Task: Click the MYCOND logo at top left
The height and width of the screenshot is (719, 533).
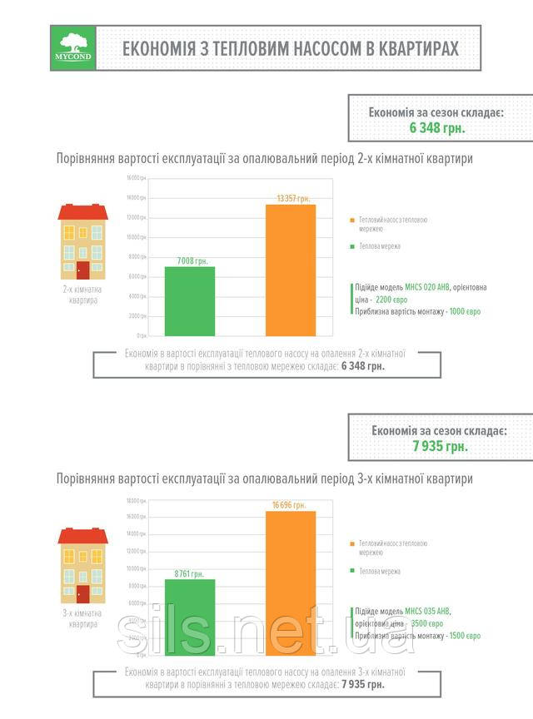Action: tap(73, 48)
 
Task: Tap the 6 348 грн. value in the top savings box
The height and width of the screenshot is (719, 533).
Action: tap(436, 127)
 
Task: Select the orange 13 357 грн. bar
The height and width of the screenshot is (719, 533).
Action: tap(291, 270)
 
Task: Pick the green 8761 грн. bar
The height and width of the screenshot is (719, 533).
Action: tap(190, 617)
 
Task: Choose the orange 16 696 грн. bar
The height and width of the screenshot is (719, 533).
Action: tap(291, 583)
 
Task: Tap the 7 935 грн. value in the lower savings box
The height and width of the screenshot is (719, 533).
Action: tap(440, 446)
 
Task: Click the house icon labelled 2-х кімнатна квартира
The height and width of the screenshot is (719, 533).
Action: tap(82, 242)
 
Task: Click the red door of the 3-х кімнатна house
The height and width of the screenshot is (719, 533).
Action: tap(82, 594)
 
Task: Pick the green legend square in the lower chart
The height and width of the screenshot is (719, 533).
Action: tap(352, 572)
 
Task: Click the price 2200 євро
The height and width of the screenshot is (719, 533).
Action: tap(393, 299)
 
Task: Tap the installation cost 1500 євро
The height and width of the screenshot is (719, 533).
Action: tap(464, 635)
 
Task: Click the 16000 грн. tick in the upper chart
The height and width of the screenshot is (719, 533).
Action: tap(137, 179)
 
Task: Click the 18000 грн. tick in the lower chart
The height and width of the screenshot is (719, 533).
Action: tap(137, 501)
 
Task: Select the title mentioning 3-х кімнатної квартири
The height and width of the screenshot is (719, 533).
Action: tap(264, 479)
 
